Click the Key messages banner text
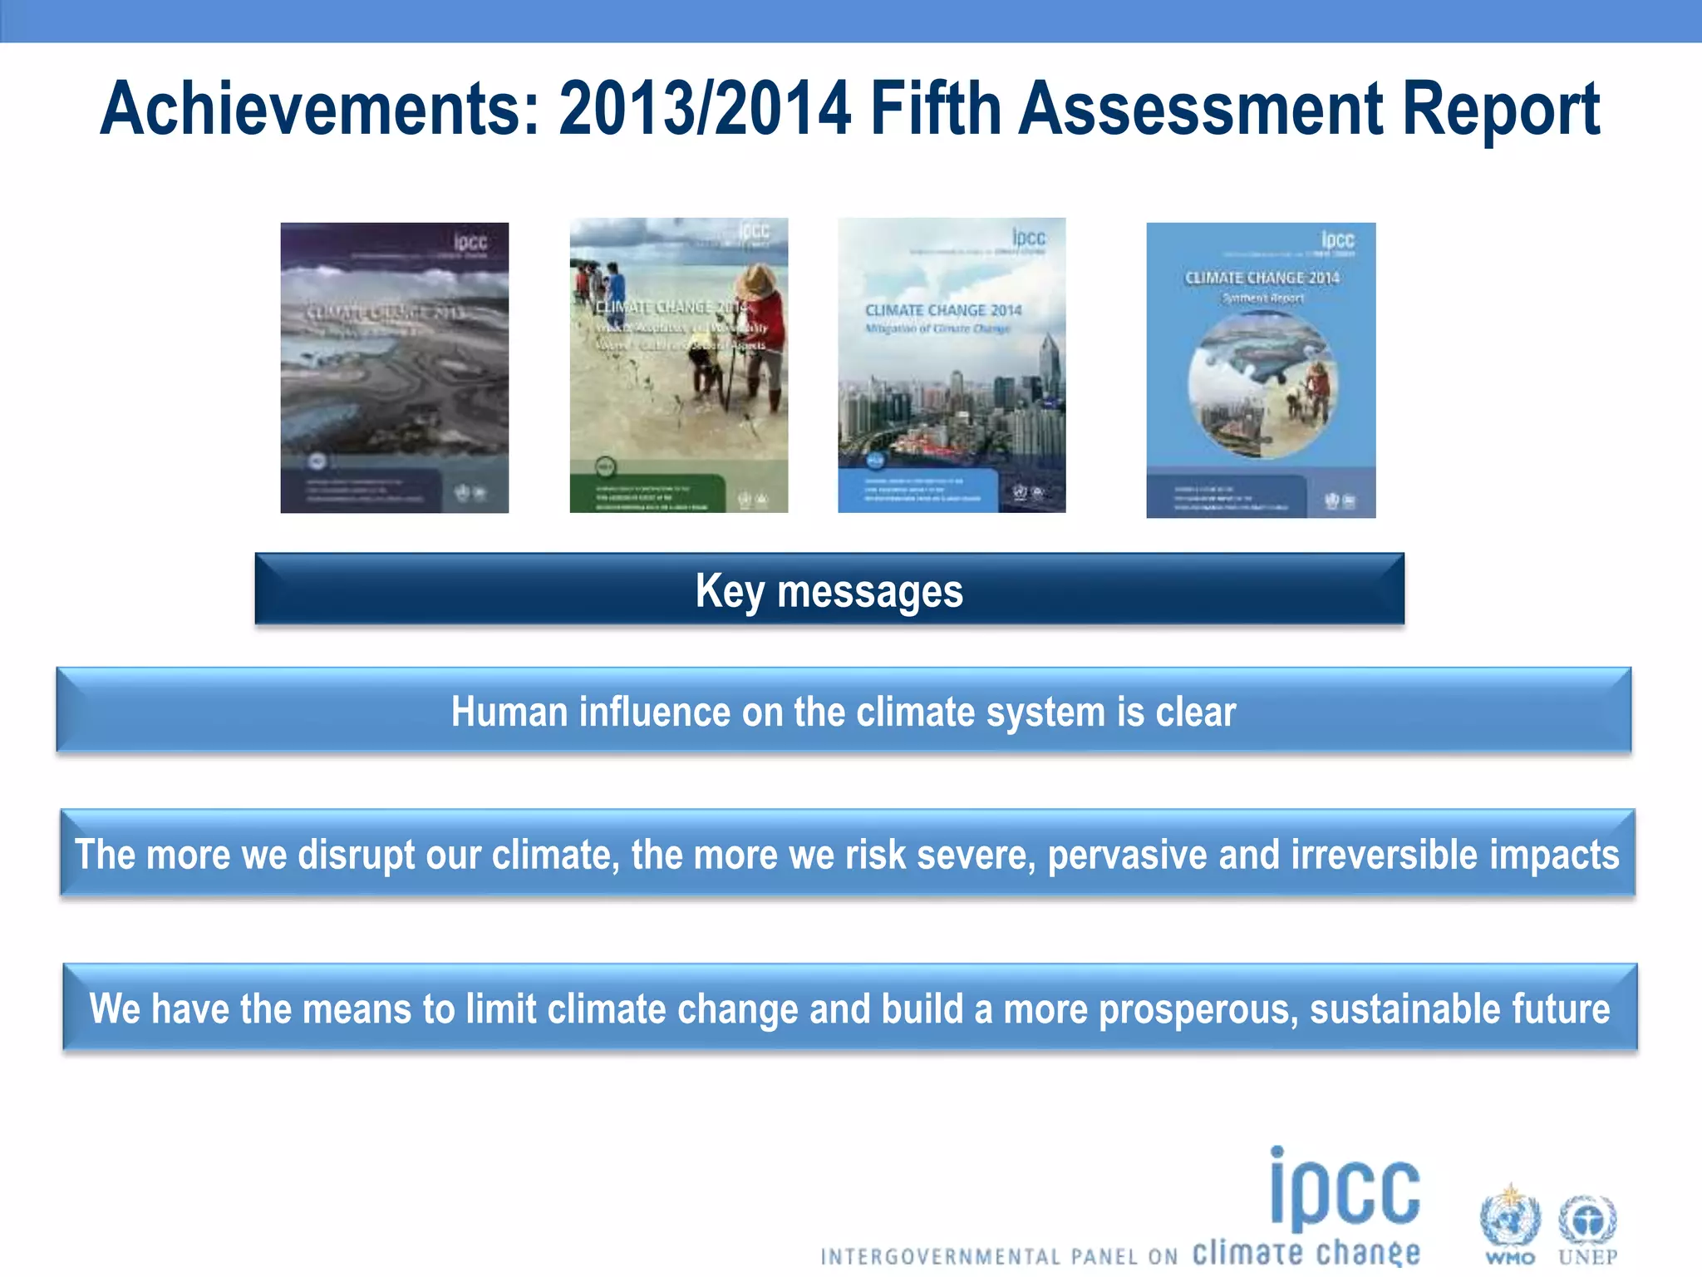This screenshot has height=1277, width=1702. pos(829,591)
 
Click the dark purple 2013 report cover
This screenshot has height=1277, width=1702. pos(394,367)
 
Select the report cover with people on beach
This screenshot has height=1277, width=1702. pos(678,366)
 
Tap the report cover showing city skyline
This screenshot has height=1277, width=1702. pos(952,366)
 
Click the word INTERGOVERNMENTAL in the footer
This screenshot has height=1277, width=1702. pos(939,1257)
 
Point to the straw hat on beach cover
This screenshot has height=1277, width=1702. pos(758,282)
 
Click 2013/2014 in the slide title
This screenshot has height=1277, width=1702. pos(705,110)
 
